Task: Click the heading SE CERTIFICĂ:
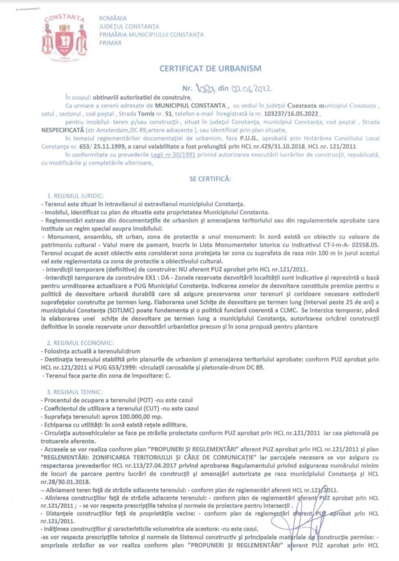pos(210,179)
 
